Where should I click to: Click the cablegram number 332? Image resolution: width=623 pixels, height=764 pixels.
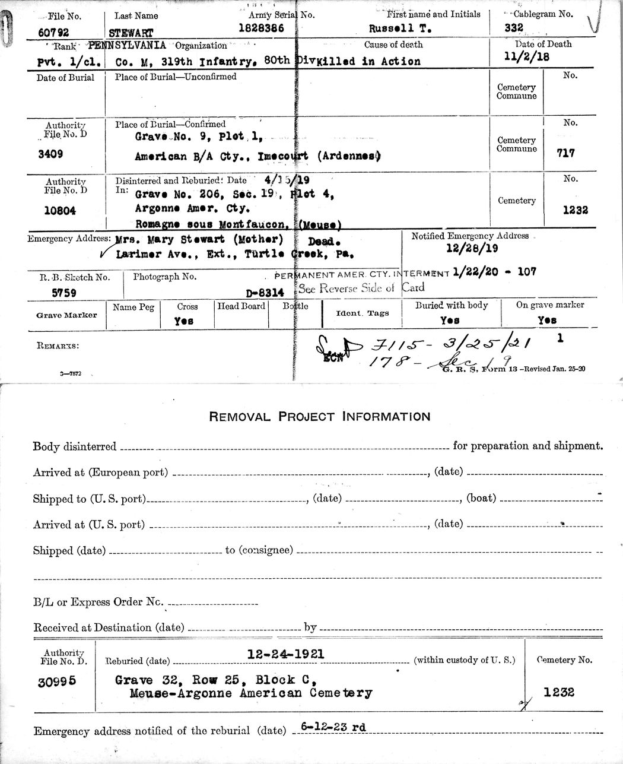pyautogui.click(x=513, y=27)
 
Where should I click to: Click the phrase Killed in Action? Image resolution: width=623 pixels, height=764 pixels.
pyautogui.click(x=368, y=61)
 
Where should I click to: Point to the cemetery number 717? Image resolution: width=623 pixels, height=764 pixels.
pyautogui.click(x=565, y=153)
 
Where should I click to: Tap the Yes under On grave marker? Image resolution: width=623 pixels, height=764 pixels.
pyautogui.click(x=546, y=320)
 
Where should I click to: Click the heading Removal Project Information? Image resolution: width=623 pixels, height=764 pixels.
pyautogui.click(x=319, y=417)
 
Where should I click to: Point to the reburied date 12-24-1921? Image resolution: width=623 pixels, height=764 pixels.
pyautogui.click(x=285, y=654)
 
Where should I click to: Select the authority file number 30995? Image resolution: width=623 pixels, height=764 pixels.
pyautogui.click(x=57, y=682)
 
